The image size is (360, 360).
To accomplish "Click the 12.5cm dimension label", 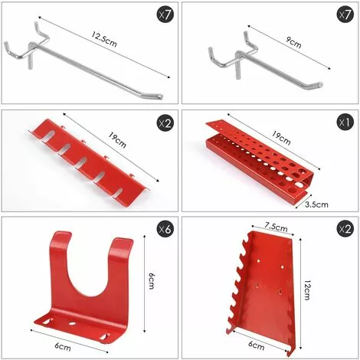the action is click(104, 40).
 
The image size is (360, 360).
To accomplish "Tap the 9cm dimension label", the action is click(293, 42).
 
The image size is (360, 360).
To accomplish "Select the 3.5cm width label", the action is click(316, 205).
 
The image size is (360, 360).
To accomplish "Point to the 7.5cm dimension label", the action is click(276, 227).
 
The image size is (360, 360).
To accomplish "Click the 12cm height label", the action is click(307, 290).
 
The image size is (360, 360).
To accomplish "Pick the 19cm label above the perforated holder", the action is click(280, 139).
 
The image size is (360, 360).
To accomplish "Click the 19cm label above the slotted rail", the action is click(117, 139).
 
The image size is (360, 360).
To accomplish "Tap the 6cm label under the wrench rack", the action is click(257, 345).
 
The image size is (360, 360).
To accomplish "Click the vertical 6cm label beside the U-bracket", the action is click(152, 280).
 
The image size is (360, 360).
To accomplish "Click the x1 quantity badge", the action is click(345, 123).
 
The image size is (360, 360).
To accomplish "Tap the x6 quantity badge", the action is click(165, 229).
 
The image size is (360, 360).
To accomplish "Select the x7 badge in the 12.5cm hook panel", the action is click(165, 15).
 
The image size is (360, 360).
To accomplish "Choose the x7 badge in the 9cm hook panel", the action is click(345, 15).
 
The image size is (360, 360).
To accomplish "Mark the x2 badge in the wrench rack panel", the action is click(345, 229).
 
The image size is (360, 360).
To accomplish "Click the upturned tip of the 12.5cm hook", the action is click(161, 97).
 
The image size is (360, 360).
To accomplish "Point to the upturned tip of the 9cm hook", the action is click(320, 84).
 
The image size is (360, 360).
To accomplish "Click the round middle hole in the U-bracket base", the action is click(72, 324).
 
